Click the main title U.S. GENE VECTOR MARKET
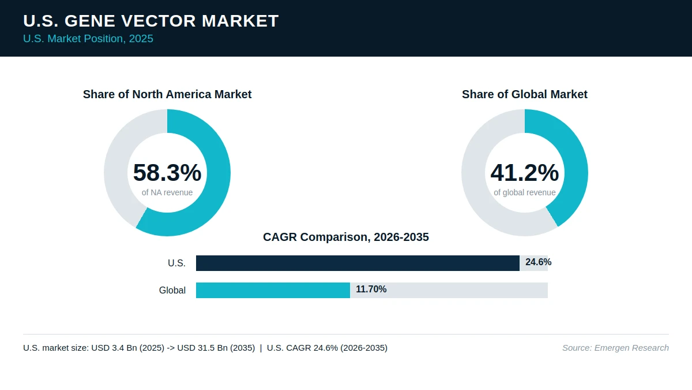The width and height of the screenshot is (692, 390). pyautogui.click(x=151, y=21)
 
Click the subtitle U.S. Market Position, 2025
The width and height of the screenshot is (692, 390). pyautogui.click(x=88, y=39)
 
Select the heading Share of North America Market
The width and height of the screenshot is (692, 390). pyautogui.click(x=167, y=94)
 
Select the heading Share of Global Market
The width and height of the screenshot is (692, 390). pyautogui.click(x=525, y=94)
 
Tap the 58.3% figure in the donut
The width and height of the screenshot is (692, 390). pyautogui.click(x=167, y=172)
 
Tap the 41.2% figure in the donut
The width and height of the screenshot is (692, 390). pyautogui.click(x=525, y=172)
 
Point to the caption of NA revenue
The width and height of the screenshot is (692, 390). pyautogui.click(x=167, y=192)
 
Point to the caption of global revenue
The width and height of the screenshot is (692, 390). pyautogui.click(x=525, y=192)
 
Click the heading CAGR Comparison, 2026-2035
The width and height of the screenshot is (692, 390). pyautogui.click(x=346, y=237)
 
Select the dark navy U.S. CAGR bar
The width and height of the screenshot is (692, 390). pyautogui.click(x=358, y=263)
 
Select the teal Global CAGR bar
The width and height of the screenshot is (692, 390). pyautogui.click(x=273, y=290)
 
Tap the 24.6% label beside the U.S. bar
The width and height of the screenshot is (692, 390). pyautogui.click(x=539, y=262)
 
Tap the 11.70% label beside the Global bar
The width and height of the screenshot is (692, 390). pyautogui.click(x=371, y=289)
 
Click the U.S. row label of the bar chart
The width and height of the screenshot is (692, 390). pyautogui.click(x=176, y=263)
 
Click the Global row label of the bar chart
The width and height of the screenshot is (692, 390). pyautogui.click(x=172, y=290)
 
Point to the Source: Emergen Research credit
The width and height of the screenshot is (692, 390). pyautogui.click(x=615, y=348)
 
